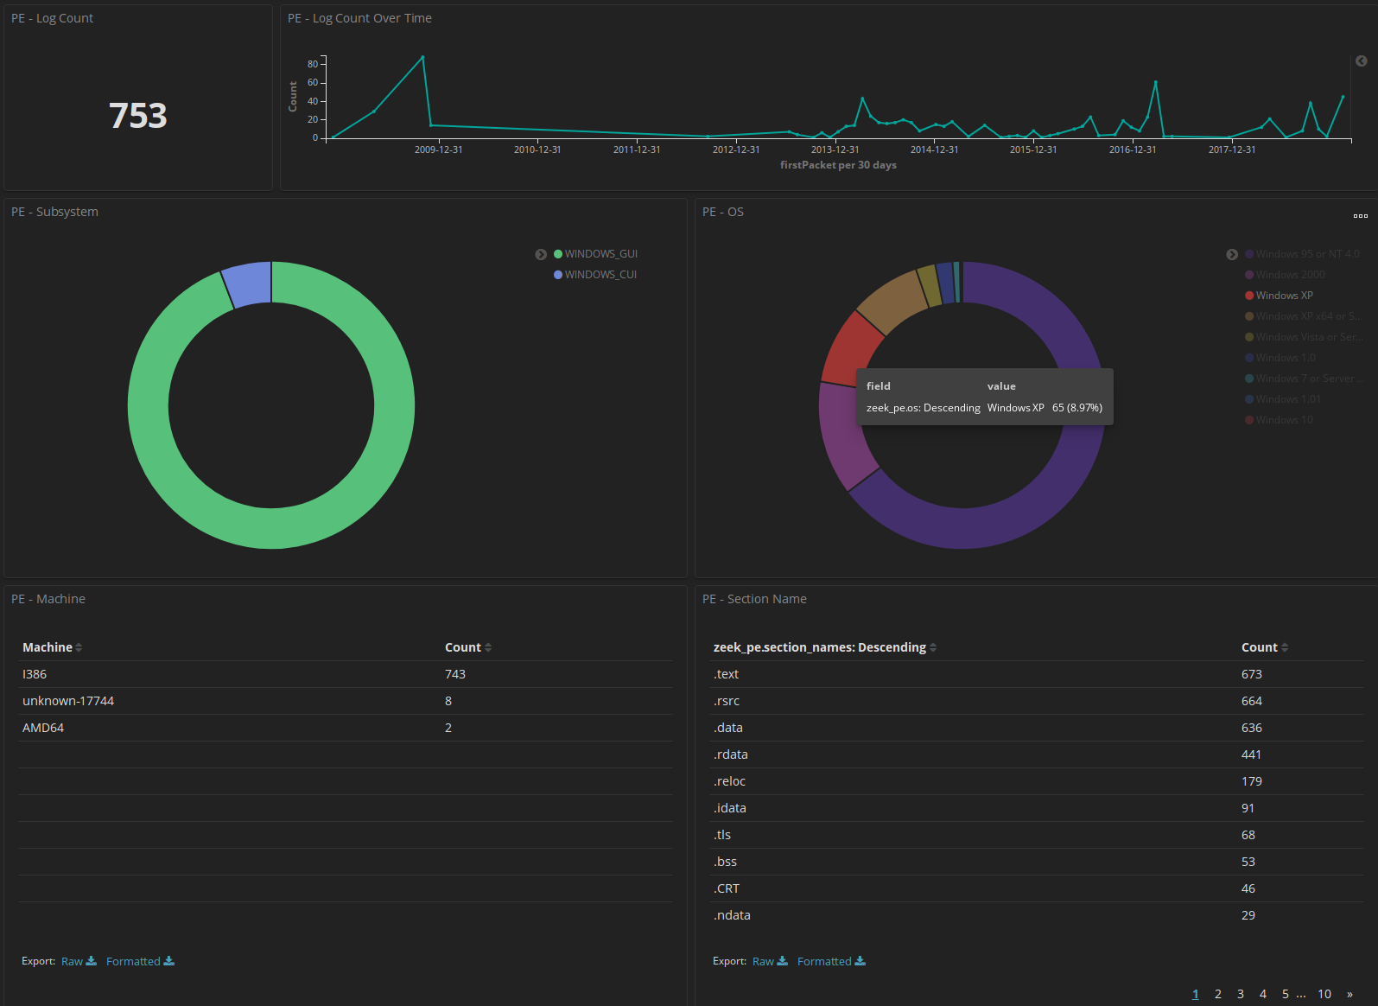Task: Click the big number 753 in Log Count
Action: tap(138, 116)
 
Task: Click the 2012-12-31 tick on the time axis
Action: tap(736, 150)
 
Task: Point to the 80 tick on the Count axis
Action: tap(313, 64)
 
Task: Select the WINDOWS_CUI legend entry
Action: tap(600, 275)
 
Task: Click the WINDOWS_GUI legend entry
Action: tap(600, 254)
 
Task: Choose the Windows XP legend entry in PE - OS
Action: tap(1284, 296)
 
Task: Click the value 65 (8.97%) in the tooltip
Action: tap(1076, 408)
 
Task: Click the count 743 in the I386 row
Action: tap(454, 674)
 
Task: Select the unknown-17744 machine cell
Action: tap(68, 701)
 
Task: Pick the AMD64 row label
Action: tap(43, 728)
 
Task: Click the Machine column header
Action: tap(48, 647)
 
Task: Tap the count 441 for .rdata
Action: tap(1251, 754)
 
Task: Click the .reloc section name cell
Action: tap(729, 781)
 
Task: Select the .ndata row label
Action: tap(732, 915)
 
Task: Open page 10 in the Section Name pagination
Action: tap(1324, 994)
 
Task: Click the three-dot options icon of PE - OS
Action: tap(1360, 216)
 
